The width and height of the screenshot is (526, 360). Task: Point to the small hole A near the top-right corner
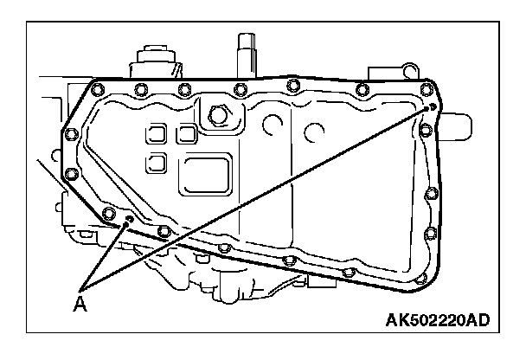pos(433,107)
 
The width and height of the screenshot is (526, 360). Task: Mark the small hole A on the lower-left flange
pos(127,222)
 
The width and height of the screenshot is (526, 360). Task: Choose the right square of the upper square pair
pos(185,134)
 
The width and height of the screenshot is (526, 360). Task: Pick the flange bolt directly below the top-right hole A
pos(426,131)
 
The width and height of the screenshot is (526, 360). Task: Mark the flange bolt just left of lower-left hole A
pos(109,214)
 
